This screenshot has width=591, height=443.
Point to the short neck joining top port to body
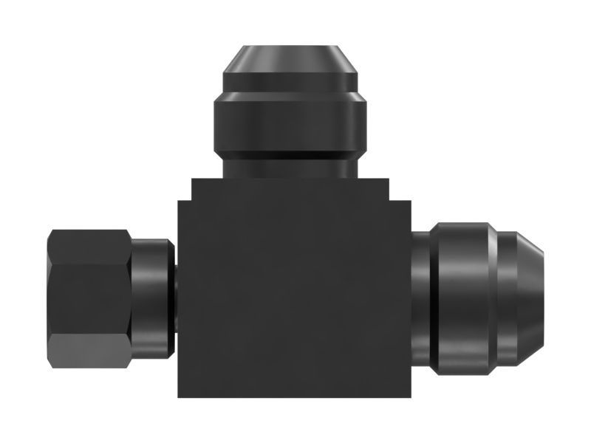[290, 165]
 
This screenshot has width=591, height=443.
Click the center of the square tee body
[293, 295]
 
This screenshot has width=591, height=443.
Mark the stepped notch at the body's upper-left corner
[185, 190]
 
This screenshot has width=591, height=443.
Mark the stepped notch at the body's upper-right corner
[400, 190]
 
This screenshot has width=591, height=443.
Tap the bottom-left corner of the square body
[180, 395]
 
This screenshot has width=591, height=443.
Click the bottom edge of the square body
[293, 396]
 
